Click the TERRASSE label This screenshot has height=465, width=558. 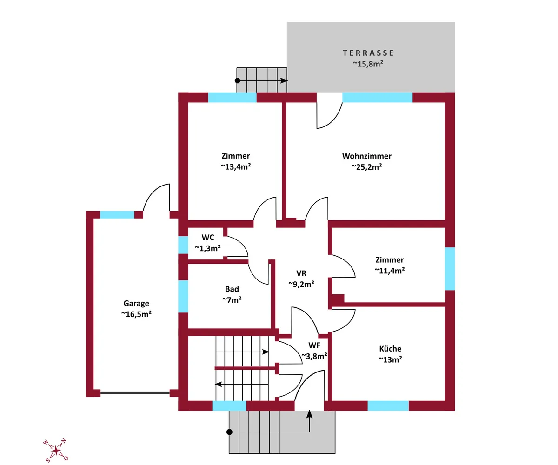pyautogui.click(x=368, y=53)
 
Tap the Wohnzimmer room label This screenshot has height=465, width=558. pyautogui.click(x=367, y=156)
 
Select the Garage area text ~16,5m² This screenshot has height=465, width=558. pyautogui.click(x=136, y=314)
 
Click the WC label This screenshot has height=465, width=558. pyautogui.click(x=208, y=237)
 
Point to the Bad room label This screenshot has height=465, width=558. pyautogui.click(x=232, y=289)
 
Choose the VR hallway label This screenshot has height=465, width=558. pyautogui.click(x=301, y=273)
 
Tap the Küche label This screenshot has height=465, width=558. pyautogui.click(x=390, y=349)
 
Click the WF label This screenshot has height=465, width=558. pyautogui.click(x=314, y=345)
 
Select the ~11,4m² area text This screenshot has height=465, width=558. pyautogui.click(x=390, y=271)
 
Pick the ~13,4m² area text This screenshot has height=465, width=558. pyautogui.click(x=236, y=167)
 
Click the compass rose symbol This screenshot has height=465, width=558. pyautogui.click(x=56, y=450)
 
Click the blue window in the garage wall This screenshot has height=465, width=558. pyautogui.click(x=117, y=214)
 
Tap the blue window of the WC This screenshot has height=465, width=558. pyautogui.click(x=183, y=245)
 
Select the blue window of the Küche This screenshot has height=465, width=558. pyautogui.click(x=388, y=405)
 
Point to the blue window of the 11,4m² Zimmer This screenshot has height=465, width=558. pyautogui.click(x=450, y=269)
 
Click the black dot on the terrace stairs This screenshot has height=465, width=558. pyautogui.click(x=237, y=80)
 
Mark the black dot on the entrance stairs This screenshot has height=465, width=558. pyautogui.click(x=229, y=432)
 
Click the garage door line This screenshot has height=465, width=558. pyautogui.click(x=135, y=393)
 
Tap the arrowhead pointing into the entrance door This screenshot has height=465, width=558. pyautogui.click(x=310, y=414)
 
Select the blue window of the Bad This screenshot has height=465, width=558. pyautogui.click(x=183, y=296)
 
